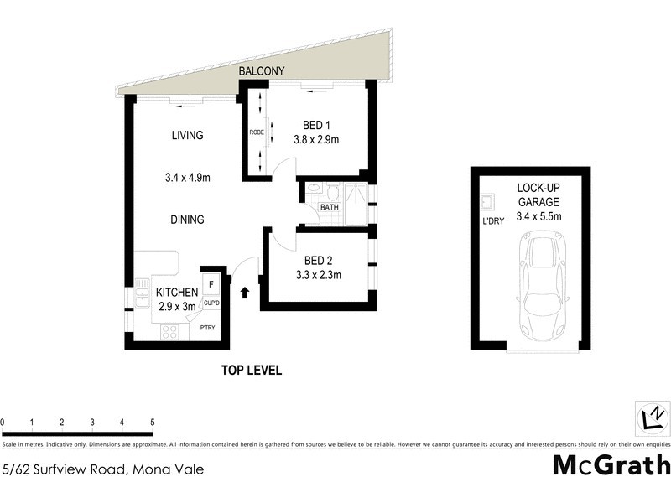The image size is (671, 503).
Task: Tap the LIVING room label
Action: pyautogui.click(x=188, y=135)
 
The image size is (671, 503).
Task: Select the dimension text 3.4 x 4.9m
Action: pyautogui.click(x=188, y=177)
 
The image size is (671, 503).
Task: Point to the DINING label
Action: pyautogui.click(x=188, y=220)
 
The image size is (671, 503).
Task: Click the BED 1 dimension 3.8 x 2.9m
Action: pyautogui.click(x=315, y=140)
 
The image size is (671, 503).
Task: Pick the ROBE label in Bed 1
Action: pyautogui.click(x=256, y=132)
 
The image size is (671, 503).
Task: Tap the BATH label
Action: pyautogui.click(x=328, y=207)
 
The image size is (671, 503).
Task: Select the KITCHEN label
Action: pyautogui.click(x=177, y=293)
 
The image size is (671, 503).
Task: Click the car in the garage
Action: pyautogui.click(x=542, y=285)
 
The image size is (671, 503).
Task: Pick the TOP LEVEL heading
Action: pyautogui.click(x=252, y=370)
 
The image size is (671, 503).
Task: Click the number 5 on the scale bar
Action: pyautogui.click(x=152, y=423)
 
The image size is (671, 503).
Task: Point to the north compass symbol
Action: pyautogui.click(x=652, y=417)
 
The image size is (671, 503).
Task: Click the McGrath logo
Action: pyautogui.click(x=611, y=465)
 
